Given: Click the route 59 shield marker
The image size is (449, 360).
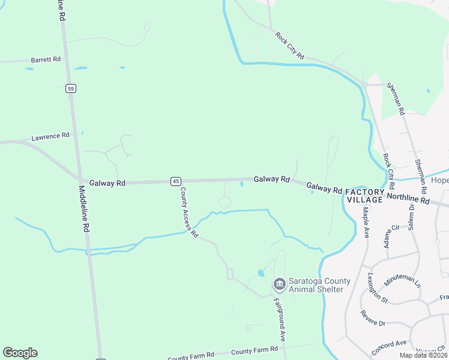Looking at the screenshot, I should tap(71, 89).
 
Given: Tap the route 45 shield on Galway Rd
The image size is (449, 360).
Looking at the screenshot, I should tap(175, 181).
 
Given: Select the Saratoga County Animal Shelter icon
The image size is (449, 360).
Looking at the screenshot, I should tap(279, 284).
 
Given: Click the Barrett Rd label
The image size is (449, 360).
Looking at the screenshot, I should tap(46, 59).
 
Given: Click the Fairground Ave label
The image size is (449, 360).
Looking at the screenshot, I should tap(280, 319).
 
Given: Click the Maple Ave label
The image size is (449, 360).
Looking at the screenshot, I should tap(364, 222).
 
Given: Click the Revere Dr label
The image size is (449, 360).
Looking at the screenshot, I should tap(373, 318).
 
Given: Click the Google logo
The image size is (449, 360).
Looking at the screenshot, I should tap(20, 353).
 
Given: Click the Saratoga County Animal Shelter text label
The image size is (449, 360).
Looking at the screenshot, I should tap(316, 285).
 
